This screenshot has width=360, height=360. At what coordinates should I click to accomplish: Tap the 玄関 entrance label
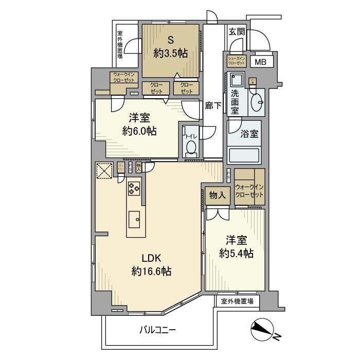(x=237, y=32)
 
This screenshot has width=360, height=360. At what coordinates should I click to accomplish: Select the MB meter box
(x=262, y=63)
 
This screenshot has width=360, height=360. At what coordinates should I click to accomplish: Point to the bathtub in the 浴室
(x=245, y=155)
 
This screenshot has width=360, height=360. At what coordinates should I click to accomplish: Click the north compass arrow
(x=265, y=330)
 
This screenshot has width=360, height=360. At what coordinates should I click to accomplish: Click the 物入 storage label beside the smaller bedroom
(x=217, y=195)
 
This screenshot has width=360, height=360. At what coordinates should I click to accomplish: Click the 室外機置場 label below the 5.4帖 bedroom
(x=237, y=301)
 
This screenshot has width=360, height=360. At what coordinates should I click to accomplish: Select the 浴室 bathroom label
(x=249, y=133)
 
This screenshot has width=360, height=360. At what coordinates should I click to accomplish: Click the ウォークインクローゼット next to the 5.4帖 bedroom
(x=249, y=191)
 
